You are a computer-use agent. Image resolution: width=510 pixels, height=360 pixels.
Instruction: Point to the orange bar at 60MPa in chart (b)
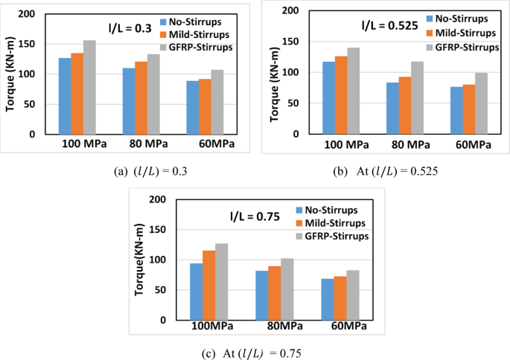click(470, 109)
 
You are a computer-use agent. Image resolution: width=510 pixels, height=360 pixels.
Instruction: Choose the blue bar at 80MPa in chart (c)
click(262, 295)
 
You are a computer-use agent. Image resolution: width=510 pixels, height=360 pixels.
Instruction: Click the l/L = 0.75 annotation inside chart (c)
click(255, 217)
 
